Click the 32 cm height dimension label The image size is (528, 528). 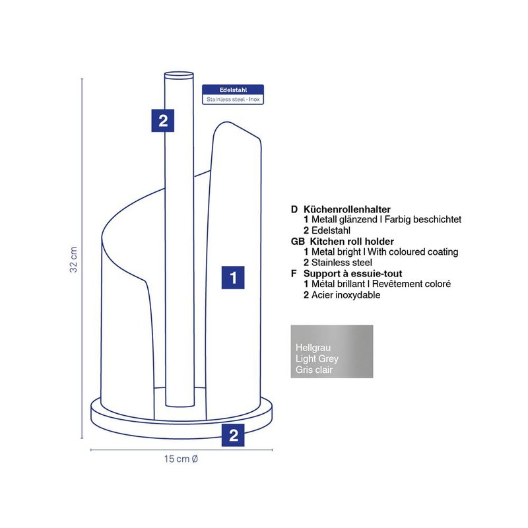coord(74,259)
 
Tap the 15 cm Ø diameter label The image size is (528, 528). coord(181,459)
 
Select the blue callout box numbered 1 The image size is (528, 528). coord(233,278)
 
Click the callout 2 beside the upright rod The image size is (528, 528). coord(162,121)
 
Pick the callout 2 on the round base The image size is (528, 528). coord(233,435)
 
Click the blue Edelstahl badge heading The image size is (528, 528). coord(233,90)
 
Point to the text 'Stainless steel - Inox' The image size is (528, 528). coord(233,100)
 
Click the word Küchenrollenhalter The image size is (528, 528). coord(347,209)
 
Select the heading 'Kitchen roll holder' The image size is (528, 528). coord(352,242)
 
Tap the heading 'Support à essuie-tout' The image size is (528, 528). coord(353,273)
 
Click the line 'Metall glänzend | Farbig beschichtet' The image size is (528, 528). coord(386,220)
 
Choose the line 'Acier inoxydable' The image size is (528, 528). coord(346,295)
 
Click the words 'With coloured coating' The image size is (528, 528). coord(413,252)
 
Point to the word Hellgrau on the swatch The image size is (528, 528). coord(313,348)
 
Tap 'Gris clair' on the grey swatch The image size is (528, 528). coord(314,370)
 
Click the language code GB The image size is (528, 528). coord(298,242)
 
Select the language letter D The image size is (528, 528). coord(294,209)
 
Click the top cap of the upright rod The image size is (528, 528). coord(179,75)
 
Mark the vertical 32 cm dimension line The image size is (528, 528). coord(82,259)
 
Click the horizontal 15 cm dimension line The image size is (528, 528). coord(181,449)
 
